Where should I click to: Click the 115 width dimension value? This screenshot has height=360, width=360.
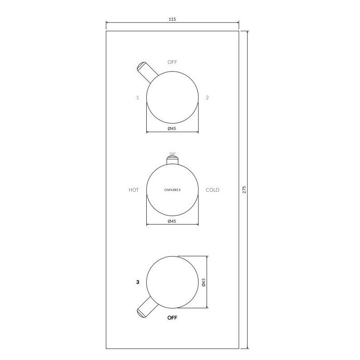coord(172,19)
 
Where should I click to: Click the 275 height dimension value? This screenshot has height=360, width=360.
coord(244,189)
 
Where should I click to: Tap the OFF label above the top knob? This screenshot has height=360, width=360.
coord(172,62)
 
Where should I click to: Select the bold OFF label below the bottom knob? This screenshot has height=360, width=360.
coord(172,318)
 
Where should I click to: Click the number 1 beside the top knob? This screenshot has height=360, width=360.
coord(138,98)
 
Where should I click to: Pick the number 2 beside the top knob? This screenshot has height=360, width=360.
coord(207,98)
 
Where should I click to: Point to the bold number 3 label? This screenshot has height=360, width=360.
coord(138,282)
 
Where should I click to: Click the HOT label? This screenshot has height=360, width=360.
coord(134,190)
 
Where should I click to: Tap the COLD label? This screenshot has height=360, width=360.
coord(212,190)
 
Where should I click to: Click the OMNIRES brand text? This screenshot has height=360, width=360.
coord(172,190)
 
